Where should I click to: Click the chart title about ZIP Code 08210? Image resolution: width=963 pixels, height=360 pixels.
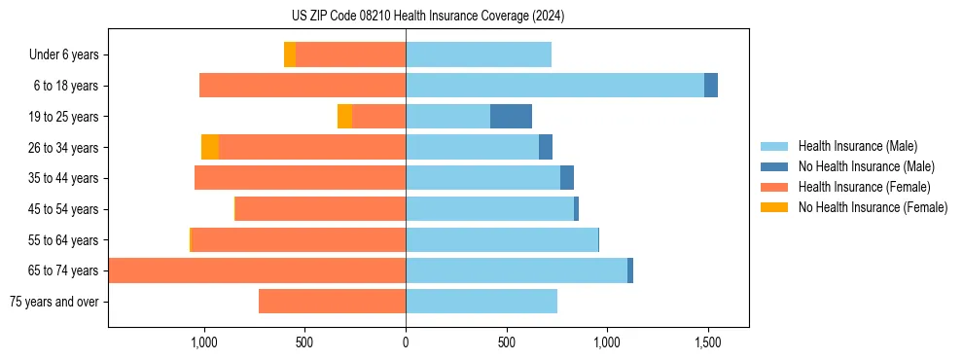coord(428,17)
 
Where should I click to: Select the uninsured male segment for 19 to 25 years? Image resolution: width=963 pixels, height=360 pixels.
coord(511,117)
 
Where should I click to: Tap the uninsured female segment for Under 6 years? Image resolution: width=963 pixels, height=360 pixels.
coord(290,54)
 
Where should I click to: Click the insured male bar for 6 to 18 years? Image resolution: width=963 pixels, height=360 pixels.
coord(554,86)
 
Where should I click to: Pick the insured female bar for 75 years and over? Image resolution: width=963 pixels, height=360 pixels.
coord(332,302)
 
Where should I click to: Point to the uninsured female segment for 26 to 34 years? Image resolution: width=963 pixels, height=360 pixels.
coord(210,147)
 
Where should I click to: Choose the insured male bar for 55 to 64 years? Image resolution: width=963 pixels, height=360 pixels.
coord(502,239)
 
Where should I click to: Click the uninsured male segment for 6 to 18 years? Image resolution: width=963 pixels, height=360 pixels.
coord(711,86)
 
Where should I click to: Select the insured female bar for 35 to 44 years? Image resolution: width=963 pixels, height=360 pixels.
coord(300,178)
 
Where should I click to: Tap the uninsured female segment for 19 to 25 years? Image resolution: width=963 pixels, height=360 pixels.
coord(344,117)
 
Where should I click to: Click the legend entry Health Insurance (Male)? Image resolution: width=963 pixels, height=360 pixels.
coord(856,146)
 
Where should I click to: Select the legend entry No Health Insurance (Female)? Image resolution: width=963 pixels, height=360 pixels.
coord(873,207)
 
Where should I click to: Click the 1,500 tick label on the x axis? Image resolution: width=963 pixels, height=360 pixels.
coord(707,343)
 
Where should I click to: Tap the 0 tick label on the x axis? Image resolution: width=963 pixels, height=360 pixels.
coord(406,343)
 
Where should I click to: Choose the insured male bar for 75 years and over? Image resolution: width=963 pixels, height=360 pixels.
coord(481,302)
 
